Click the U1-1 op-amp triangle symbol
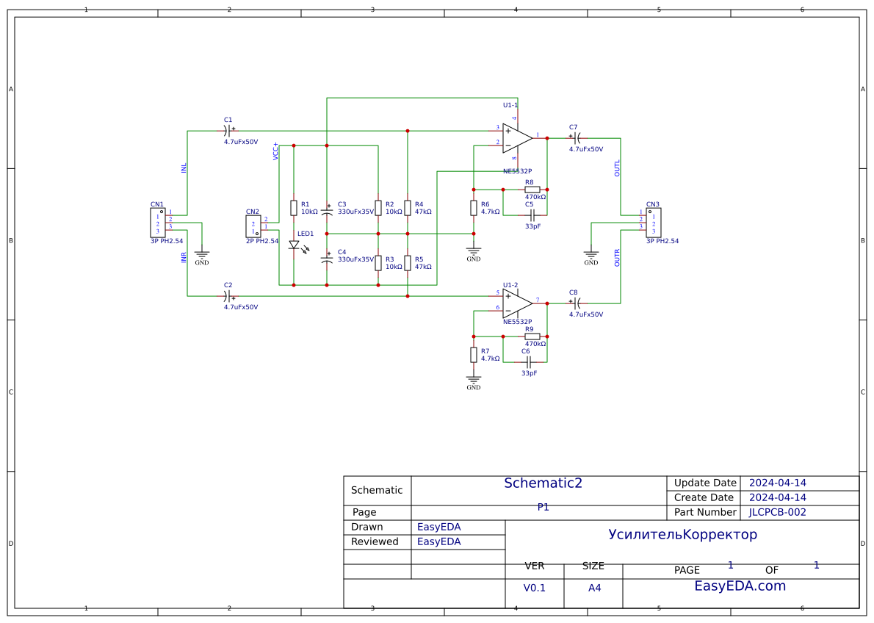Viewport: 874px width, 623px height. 516,137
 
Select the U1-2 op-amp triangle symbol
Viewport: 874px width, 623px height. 516,302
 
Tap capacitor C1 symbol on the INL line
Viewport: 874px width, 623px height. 228,132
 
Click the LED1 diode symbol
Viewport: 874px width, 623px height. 294,245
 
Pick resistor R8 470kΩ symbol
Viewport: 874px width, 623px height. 532,190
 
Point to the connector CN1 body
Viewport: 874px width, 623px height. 157,222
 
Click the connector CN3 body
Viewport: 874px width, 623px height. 653,223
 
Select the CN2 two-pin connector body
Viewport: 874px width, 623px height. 253,226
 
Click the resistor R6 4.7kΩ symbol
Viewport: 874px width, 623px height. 474,208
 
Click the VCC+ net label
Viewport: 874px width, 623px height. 276,151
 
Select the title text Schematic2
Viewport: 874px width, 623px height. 543,483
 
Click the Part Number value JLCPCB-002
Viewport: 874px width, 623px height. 777,512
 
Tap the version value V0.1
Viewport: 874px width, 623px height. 534,588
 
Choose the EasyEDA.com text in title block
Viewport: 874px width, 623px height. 740,586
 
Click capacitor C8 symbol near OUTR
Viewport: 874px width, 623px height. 577,303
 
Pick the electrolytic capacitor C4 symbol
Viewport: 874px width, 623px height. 327,259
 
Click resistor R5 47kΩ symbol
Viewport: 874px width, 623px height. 408,262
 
